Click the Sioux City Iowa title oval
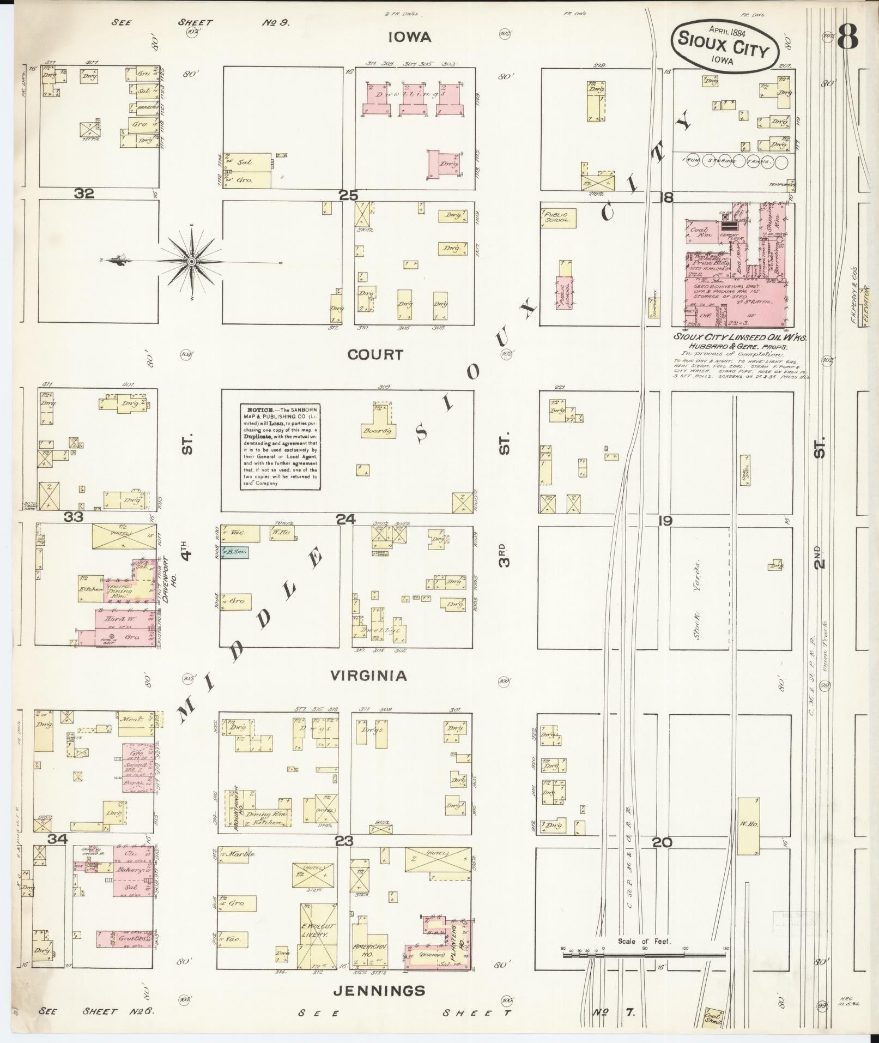(724, 45)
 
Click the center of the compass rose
(191, 262)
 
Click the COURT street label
(375, 355)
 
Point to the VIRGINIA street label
(369, 676)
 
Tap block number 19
(664, 521)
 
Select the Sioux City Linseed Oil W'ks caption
(739, 337)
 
